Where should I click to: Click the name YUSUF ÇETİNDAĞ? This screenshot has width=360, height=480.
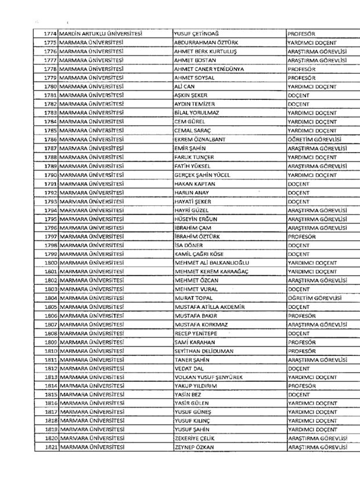199,34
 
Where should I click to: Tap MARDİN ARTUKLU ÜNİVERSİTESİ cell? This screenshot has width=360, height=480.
100,34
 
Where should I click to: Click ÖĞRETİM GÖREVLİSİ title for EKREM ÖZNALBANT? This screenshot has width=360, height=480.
316,140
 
